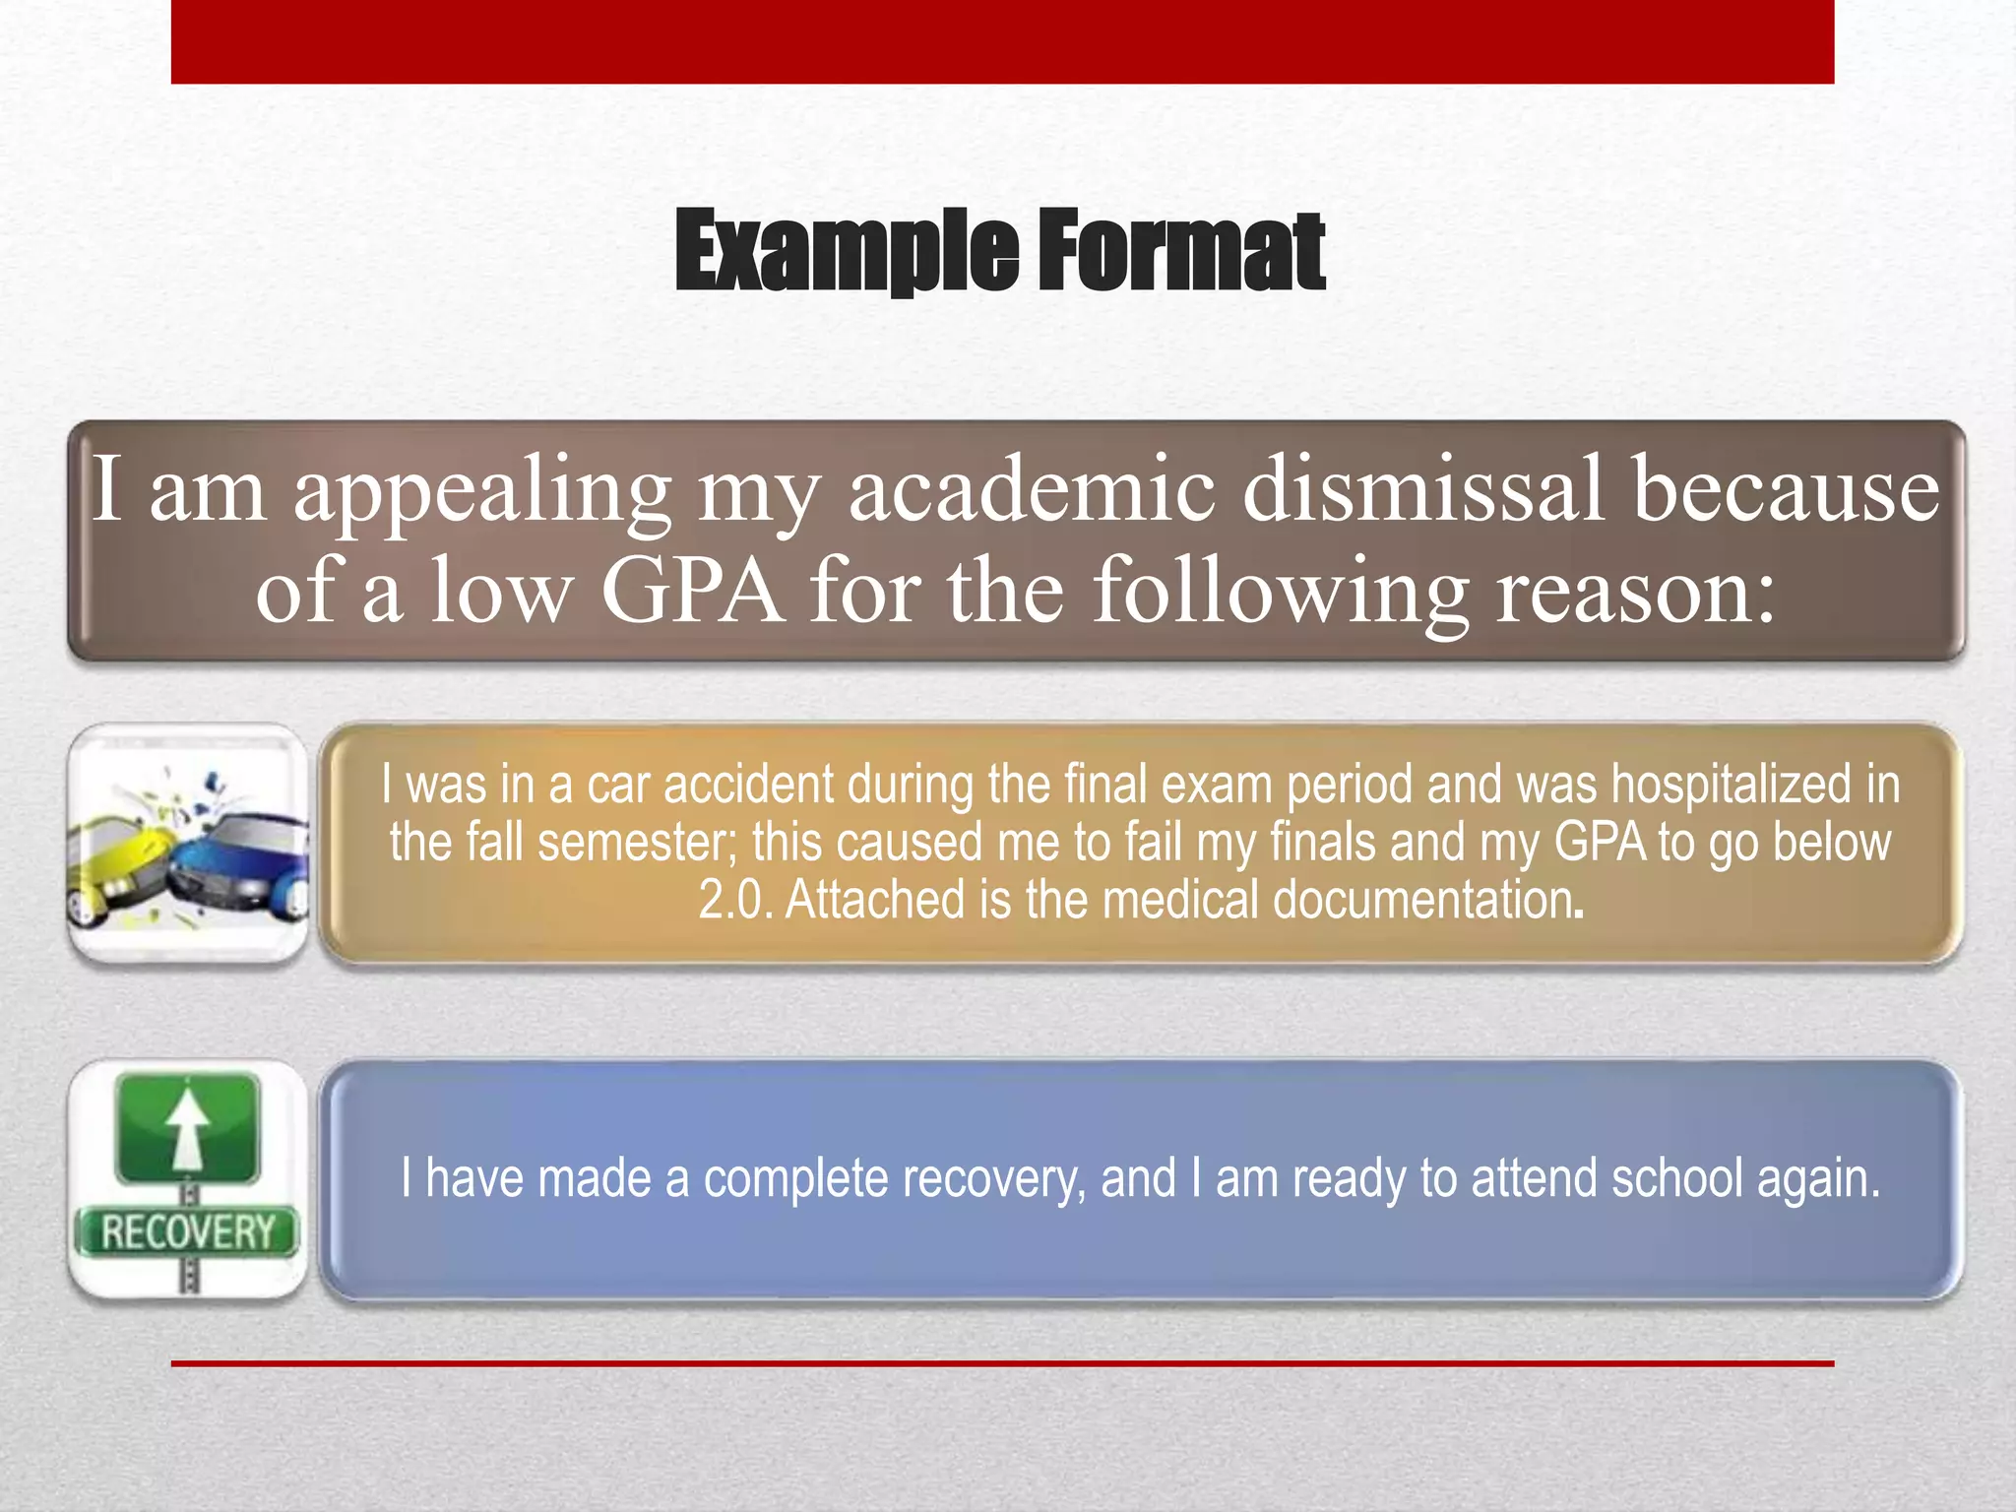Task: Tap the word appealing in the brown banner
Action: (x=482, y=492)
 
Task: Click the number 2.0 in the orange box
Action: (x=734, y=901)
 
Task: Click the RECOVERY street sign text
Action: (x=187, y=1232)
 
